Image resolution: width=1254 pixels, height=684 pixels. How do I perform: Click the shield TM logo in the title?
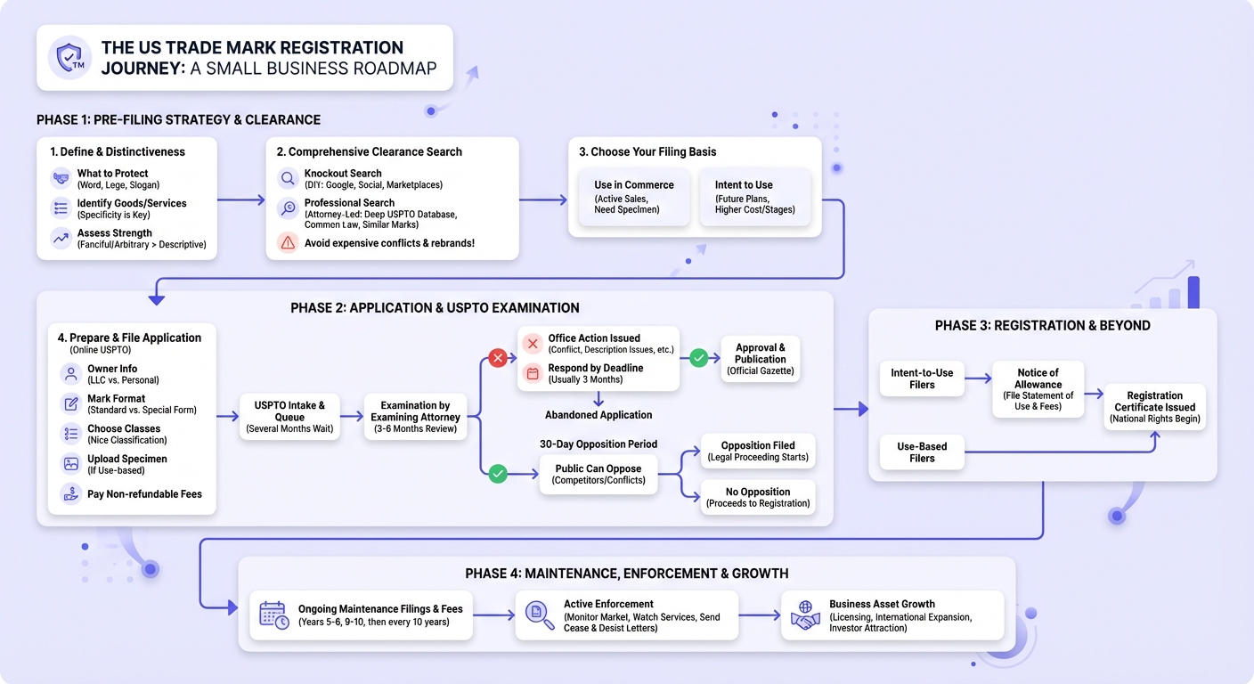[x=70, y=57]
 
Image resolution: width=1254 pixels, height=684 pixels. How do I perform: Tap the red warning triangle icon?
[x=288, y=242]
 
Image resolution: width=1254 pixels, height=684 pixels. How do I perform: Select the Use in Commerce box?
[x=634, y=197]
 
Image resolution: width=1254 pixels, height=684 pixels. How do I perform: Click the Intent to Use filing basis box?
[x=754, y=197]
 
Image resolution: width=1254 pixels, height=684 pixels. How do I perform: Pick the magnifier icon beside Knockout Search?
[x=288, y=178]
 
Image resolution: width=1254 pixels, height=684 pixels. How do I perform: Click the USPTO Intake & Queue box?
[x=289, y=417]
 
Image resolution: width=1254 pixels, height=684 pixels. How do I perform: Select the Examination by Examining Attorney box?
[x=415, y=417]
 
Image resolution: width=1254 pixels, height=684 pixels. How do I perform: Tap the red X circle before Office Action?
[x=498, y=358]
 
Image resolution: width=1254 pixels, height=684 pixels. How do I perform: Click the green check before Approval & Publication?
[x=698, y=358]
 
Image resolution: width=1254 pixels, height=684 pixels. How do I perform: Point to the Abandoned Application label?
[x=598, y=415]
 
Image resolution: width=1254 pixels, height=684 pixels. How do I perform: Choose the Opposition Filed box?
[x=757, y=451]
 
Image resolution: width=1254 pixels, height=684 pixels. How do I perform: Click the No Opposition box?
[x=757, y=497]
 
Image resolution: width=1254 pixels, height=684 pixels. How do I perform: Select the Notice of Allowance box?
[x=1038, y=389]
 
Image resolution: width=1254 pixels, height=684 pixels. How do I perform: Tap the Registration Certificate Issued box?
[x=1154, y=407]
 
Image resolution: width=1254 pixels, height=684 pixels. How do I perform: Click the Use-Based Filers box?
[x=922, y=452]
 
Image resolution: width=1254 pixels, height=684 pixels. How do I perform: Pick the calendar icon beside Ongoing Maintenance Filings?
[x=274, y=615]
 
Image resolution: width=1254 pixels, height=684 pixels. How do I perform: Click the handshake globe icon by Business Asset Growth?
[x=805, y=615]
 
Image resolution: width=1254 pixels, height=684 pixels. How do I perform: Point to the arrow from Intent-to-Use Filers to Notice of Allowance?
[x=978, y=379]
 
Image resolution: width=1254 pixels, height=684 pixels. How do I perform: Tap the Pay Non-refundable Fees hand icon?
[x=71, y=493]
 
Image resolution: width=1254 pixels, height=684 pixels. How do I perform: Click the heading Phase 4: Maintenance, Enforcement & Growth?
[x=626, y=574]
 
